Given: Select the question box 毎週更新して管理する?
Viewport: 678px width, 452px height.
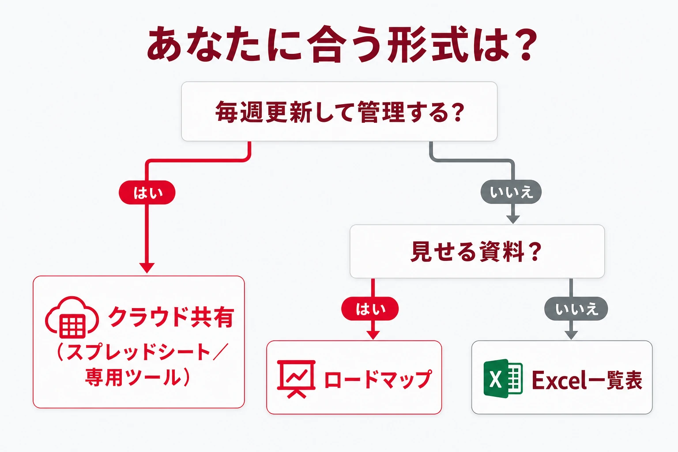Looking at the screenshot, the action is point(339,111).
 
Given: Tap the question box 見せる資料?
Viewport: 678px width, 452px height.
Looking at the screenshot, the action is point(477,251).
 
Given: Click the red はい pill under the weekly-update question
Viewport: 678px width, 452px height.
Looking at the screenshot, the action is point(147,192).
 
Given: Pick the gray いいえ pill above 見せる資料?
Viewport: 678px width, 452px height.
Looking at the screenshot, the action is point(511,192).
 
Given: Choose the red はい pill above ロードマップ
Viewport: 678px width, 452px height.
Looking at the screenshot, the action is point(370,309).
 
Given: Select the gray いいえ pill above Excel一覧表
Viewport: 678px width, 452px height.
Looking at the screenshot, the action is point(576,309).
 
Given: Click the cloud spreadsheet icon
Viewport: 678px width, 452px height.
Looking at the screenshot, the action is point(72,317).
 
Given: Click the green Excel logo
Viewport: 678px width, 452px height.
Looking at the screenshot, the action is point(503,378).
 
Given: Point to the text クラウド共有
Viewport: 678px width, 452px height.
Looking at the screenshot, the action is point(171,317).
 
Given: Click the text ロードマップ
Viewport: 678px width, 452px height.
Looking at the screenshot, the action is point(378,379).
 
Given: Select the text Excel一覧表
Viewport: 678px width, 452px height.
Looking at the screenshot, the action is point(587,380).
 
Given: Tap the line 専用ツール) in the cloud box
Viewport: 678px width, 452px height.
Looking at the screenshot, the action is point(138,377).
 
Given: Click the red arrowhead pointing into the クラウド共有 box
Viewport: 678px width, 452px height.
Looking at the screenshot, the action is point(147,268).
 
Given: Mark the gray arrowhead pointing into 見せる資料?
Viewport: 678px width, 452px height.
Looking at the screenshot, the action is point(513,219).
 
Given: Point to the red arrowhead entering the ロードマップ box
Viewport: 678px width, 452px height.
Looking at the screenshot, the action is point(373,335).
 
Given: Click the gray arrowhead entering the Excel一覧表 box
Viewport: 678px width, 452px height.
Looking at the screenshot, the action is point(571,335).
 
